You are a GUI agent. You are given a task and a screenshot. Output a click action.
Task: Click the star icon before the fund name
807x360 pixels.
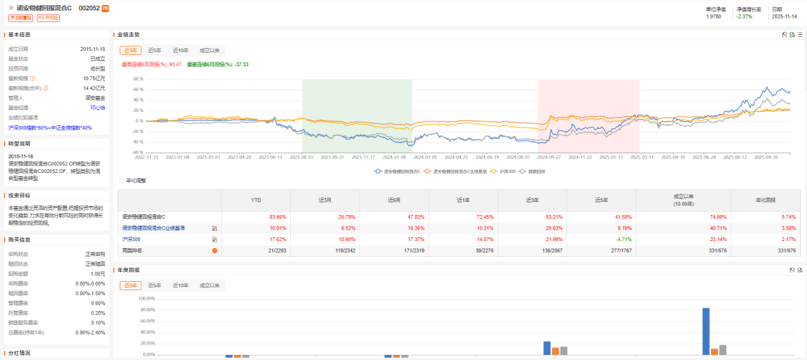11,8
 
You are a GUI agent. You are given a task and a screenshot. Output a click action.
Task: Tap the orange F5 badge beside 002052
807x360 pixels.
105,8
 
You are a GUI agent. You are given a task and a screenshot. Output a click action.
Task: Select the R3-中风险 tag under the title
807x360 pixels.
48,18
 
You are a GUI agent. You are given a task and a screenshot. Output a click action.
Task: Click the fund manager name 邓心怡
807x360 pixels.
97,107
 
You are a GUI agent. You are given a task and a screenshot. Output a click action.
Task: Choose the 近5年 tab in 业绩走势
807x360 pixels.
155,50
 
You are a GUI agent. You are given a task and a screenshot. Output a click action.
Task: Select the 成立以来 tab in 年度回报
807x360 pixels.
209,286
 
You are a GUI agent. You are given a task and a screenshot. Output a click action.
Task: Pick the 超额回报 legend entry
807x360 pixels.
533,171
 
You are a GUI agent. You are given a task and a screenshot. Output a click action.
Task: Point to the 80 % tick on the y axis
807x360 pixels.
137,79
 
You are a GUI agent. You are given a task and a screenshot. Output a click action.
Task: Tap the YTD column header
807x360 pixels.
256,199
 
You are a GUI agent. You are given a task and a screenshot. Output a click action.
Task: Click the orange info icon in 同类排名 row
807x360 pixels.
214,250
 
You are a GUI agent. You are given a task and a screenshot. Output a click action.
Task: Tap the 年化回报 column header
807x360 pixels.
765,199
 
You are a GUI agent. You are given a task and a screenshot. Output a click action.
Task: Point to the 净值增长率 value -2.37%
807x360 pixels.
743,17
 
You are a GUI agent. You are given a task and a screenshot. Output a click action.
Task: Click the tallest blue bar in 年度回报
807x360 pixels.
706,331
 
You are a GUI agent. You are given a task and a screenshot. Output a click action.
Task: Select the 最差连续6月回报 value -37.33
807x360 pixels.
241,64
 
